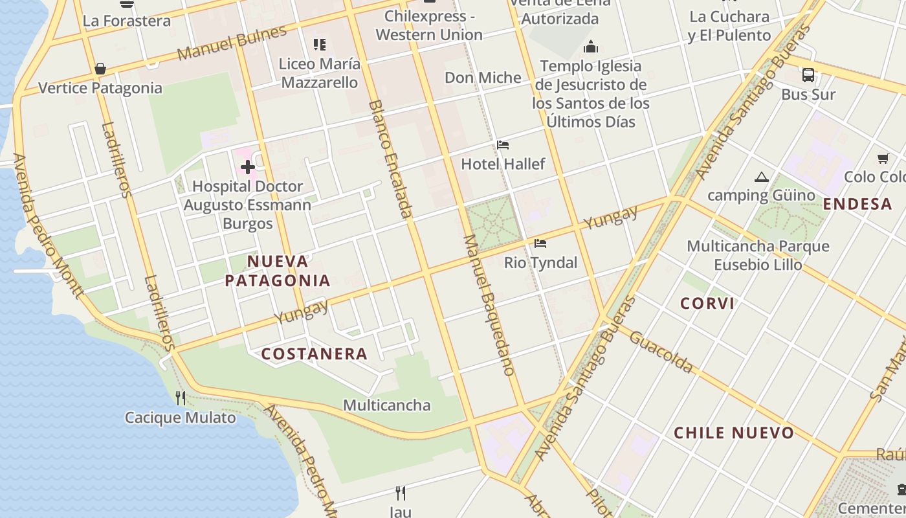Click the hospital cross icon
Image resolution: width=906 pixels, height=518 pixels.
247,168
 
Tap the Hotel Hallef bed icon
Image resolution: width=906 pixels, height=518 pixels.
503,145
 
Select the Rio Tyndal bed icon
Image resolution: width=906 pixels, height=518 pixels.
540,243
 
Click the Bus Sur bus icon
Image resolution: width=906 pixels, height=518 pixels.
808,75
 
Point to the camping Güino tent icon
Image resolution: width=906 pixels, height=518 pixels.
762,177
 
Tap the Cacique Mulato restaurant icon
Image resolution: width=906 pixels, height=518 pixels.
181,398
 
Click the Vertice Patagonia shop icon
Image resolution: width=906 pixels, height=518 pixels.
100,69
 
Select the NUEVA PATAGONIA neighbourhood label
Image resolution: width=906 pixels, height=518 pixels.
278,271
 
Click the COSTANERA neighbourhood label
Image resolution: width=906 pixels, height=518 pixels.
315,354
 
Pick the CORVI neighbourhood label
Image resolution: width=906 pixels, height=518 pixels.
707,303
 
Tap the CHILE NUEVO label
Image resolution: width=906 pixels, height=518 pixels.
734,433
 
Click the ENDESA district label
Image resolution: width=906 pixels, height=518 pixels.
857,204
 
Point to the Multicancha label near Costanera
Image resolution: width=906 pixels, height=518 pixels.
386,405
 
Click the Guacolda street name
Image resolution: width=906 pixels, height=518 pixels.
661,352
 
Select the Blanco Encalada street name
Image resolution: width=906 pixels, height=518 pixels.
390,159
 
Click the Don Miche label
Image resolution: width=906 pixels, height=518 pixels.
483,78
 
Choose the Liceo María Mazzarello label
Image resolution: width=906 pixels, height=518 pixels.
319,73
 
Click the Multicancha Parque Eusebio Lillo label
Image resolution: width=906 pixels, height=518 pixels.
758,255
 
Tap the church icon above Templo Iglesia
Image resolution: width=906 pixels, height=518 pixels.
590,47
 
